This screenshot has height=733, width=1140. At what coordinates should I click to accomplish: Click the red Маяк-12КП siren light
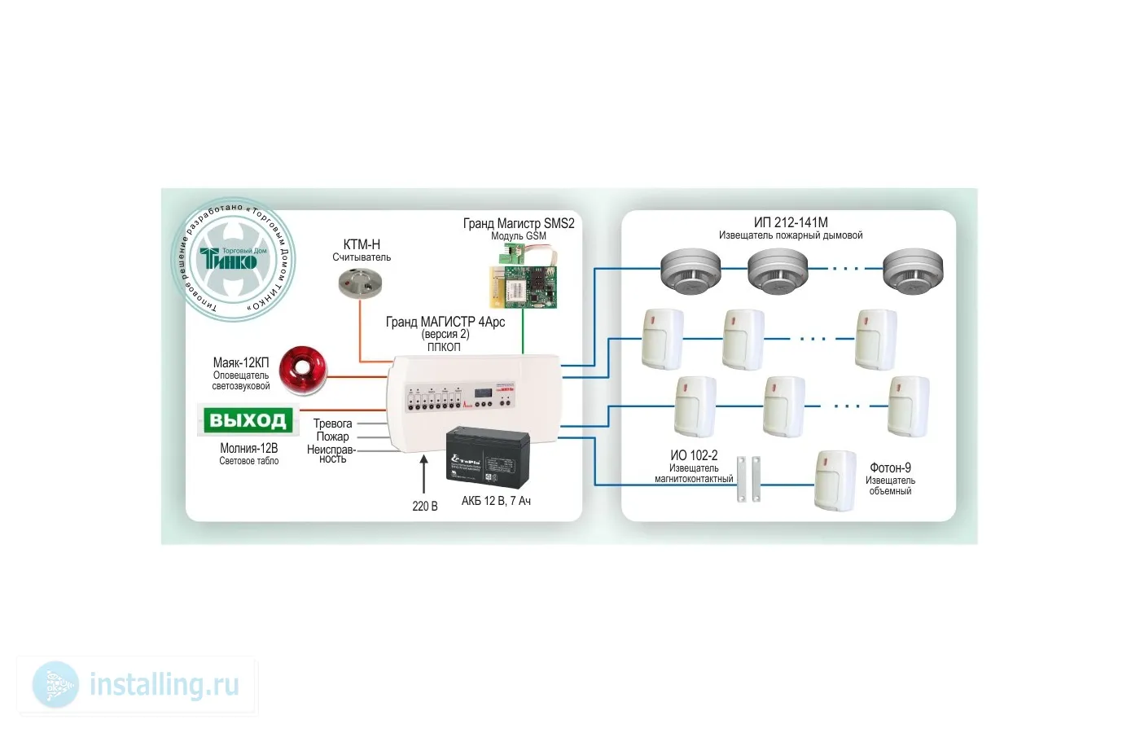[x=303, y=371]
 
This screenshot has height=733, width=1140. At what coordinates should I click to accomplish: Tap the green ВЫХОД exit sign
[x=248, y=420]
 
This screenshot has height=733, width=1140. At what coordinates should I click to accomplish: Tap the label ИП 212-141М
[x=790, y=222]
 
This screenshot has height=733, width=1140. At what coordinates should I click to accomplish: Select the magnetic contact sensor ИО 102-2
[x=748, y=478]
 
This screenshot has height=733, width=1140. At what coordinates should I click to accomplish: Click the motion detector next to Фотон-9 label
[x=836, y=481]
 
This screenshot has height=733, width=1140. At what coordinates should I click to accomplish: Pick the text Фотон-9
[x=890, y=468]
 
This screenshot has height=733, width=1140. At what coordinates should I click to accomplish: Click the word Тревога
[x=333, y=424]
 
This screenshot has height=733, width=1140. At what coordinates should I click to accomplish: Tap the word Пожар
[x=332, y=437]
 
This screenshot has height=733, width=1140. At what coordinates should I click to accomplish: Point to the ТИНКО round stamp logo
[x=233, y=260]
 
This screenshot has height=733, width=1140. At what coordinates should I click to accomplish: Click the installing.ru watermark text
[x=164, y=685]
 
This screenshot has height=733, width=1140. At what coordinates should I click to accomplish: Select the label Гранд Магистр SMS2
[x=518, y=223]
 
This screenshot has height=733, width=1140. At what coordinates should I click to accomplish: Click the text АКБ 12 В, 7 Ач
[x=496, y=501]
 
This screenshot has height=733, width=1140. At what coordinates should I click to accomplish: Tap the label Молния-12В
[x=248, y=448]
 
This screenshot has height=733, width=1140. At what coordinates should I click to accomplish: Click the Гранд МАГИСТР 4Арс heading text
[x=445, y=323]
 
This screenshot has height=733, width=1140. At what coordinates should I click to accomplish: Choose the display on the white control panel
[x=487, y=392]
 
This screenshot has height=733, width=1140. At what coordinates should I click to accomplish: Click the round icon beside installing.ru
[x=56, y=685]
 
